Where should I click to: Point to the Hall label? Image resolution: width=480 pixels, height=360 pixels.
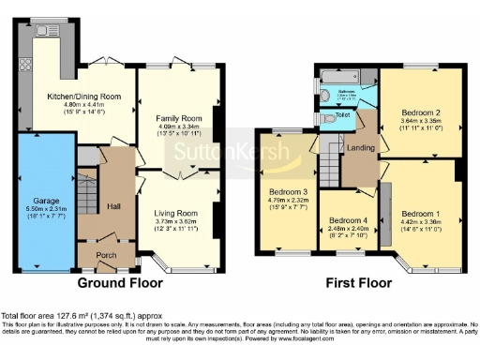tap(113, 206)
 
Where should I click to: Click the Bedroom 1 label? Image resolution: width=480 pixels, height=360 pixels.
tap(421, 214)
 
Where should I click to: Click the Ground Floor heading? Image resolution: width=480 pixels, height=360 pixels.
tap(115, 282)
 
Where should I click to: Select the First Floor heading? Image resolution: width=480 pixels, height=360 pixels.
tap(359, 282)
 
